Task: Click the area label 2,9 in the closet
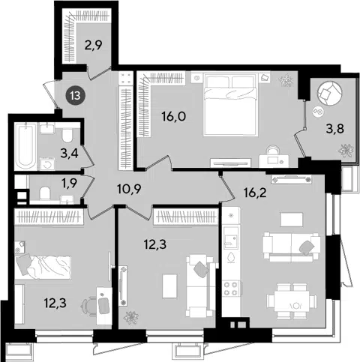point(93,46)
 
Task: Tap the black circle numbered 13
point(75,95)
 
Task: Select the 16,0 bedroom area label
point(174,116)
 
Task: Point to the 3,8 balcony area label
point(335,129)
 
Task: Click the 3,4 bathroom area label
point(70,153)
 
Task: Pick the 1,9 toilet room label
point(69,183)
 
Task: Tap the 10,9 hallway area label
point(129,189)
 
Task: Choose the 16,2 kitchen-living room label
point(255,193)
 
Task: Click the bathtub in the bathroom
point(25,145)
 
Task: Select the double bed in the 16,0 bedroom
point(230,104)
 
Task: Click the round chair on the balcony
point(329,94)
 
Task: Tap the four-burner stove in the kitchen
point(231,289)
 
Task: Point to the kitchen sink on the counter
point(231,238)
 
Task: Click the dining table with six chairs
point(291,301)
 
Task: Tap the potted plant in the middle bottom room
point(130,318)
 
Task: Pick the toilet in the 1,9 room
point(45,193)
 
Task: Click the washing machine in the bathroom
point(47,163)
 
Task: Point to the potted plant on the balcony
point(346,151)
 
